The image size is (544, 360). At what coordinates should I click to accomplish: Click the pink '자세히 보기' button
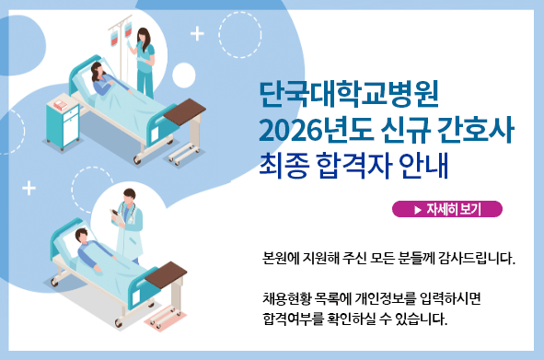click(447, 209)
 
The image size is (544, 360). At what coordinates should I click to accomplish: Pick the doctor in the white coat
click(129, 226)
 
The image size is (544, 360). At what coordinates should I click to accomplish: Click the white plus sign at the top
click(196, 34)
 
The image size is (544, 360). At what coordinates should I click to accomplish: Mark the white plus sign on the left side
click(29, 188)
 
